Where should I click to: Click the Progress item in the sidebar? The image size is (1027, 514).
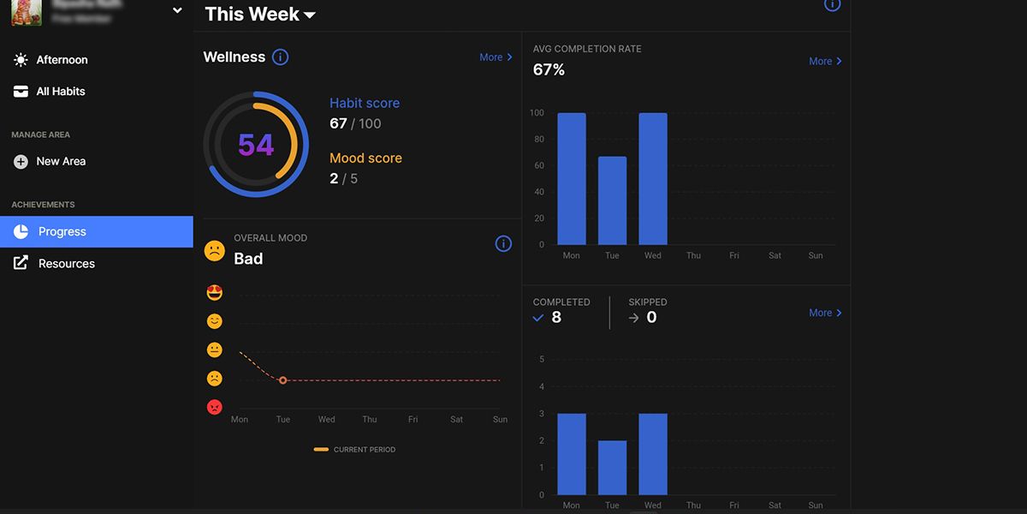pyautogui.click(x=62, y=231)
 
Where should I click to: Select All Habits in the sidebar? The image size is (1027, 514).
pyautogui.click(x=60, y=92)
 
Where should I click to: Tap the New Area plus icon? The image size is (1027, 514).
pyautogui.click(x=21, y=161)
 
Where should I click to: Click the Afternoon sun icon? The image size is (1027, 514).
pyautogui.click(x=21, y=60)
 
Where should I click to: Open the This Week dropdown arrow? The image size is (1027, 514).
pyautogui.click(x=310, y=15)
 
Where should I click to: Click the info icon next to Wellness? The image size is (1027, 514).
pyautogui.click(x=280, y=57)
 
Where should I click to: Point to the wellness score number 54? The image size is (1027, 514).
pyautogui.click(x=256, y=146)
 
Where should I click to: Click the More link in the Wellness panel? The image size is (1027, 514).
pyautogui.click(x=496, y=57)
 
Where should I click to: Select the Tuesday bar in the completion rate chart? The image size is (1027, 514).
pyautogui.click(x=612, y=200)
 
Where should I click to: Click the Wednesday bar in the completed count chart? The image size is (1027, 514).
pyautogui.click(x=653, y=454)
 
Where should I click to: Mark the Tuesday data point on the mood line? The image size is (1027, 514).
pyautogui.click(x=282, y=380)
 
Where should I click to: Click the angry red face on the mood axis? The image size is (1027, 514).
pyautogui.click(x=215, y=407)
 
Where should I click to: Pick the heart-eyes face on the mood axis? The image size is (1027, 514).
pyautogui.click(x=215, y=293)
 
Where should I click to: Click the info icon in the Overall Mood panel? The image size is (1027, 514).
pyautogui.click(x=503, y=244)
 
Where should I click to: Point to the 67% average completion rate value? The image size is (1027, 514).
pyautogui.click(x=549, y=70)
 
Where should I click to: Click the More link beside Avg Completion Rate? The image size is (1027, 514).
pyautogui.click(x=825, y=62)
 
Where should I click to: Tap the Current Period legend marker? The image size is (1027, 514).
pyautogui.click(x=322, y=449)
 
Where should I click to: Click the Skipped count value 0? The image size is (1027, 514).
pyautogui.click(x=651, y=318)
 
